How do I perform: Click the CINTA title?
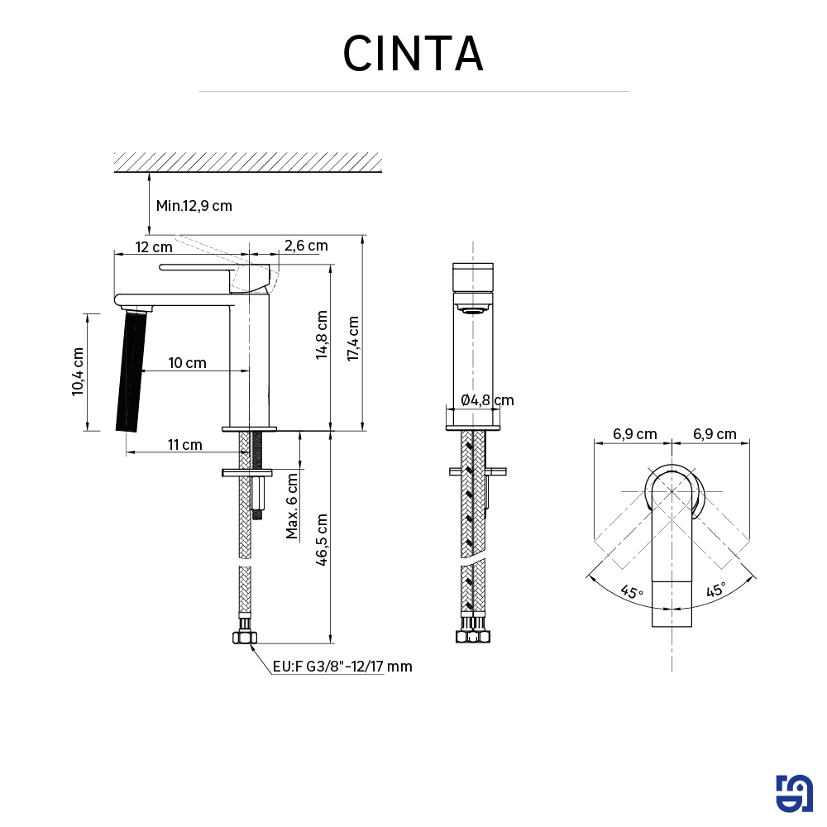pyautogui.click(x=413, y=54)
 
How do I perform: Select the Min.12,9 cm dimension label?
pyautogui.click(x=194, y=205)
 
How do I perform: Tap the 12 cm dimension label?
pyautogui.click(x=154, y=246)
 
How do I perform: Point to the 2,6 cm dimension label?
pyautogui.click(x=305, y=246)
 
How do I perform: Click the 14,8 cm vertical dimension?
pyautogui.click(x=322, y=334)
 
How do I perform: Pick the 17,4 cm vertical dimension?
pyautogui.click(x=353, y=338)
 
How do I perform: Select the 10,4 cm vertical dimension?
pyautogui.click(x=78, y=371)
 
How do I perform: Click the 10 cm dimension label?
pyautogui.click(x=187, y=363)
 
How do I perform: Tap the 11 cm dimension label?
pyautogui.click(x=184, y=445)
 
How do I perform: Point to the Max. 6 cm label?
pyautogui.click(x=293, y=505)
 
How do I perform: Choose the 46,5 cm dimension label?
pyautogui.click(x=322, y=540)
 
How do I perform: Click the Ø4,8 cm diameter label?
pyautogui.click(x=487, y=400)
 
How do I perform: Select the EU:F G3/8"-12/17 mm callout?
pyautogui.click(x=342, y=667)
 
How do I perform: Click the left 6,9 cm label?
pyautogui.click(x=634, y=434)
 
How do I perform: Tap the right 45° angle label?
pyautogui.click(x=716, y=590)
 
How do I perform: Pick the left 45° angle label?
pyautogui.click(x=632, y=592)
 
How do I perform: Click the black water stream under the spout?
pyautogui.click(x=130, y=370)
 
